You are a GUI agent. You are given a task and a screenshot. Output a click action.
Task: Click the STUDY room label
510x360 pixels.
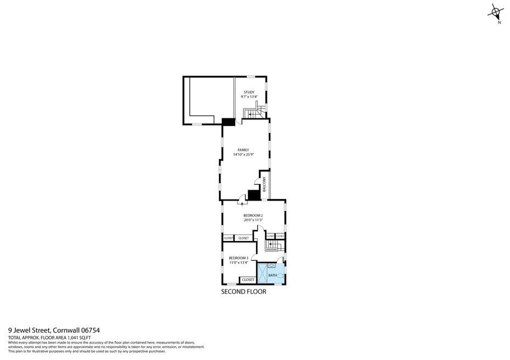(250, 92)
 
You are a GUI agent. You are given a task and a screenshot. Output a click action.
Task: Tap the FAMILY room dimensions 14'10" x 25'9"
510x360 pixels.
(243, 155)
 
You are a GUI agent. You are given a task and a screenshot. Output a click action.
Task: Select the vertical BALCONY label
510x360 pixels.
(264, 184)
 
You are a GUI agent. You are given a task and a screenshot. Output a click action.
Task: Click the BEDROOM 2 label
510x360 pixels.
(253, 215)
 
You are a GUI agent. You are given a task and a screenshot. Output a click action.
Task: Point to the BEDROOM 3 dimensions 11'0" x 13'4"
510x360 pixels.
(239, 262)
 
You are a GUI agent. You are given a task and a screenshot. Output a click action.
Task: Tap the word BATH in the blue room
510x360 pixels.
(273, 275)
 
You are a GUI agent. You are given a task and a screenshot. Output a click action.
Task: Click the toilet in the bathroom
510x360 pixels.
(281, 276)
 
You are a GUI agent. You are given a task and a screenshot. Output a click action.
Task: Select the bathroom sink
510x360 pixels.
(271, 265)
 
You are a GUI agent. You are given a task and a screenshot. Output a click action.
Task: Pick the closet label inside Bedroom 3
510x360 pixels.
(248, 280)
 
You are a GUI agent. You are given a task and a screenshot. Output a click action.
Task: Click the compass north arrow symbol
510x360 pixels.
(496, 12)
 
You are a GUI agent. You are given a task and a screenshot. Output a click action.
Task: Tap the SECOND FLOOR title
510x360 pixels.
(243, 292)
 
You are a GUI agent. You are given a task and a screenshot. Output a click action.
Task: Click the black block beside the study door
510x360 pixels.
(228, 122)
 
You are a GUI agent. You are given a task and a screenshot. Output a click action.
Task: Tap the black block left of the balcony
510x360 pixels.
(254, 195)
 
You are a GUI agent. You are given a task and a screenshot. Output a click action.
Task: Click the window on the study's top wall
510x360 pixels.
(251, 77)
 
